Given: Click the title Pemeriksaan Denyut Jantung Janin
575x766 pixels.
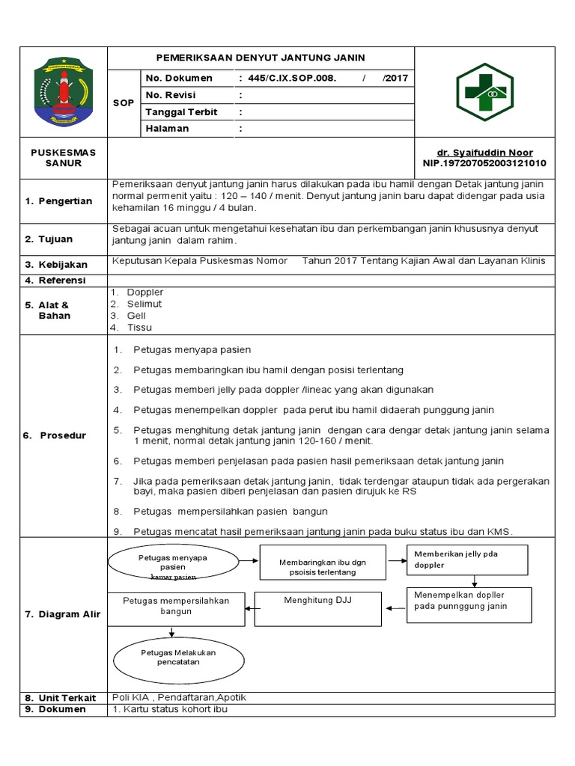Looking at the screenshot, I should pyautogui.click(x=261, y=58).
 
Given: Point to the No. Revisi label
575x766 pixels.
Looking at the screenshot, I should pyautogui.click(x=169, y=95).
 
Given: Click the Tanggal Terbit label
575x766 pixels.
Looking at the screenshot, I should pyautogui.click(x=181, y=112).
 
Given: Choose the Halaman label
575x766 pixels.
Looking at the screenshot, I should pyautogui.click(x=167, y=129).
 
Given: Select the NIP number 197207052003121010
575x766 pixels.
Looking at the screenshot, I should pyautogui.click(x=484, y=163).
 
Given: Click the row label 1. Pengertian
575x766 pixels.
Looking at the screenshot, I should pyautogui.click(x=58, y=201).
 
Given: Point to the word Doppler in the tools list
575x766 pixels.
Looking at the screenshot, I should pyautogui.click(x=144, y=292).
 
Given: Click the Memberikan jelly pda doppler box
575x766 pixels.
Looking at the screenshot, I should pyautogui.click(x=467, y=560).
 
